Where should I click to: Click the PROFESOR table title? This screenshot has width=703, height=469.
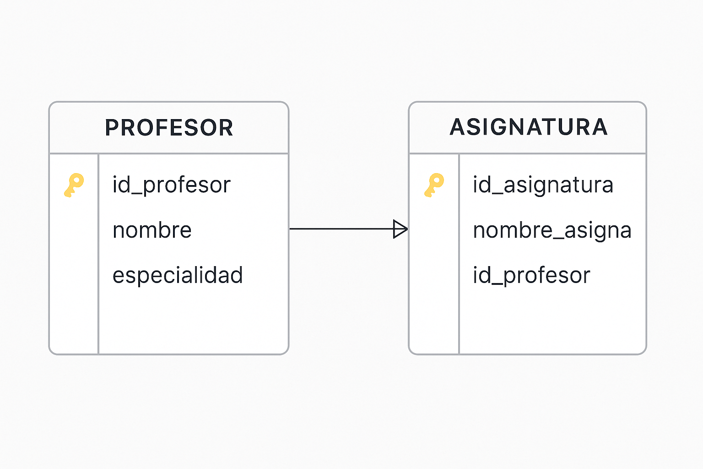pos(169,127)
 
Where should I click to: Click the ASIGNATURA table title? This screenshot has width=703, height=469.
pos(529,127)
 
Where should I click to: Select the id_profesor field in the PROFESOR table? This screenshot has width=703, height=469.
pos(172,185)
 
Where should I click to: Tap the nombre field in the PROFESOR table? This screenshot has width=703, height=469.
pos(152,229)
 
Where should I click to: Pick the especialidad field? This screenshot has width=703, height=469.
pos(178,275)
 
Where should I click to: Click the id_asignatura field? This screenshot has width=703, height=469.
pos(543,185)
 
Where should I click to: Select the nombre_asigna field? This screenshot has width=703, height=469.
pos(552,230)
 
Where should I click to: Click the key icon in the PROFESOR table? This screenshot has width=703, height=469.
pos(74,185)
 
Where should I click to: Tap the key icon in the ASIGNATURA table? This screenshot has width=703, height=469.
pos(434,185)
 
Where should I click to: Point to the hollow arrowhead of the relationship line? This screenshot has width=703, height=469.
pos(400,229)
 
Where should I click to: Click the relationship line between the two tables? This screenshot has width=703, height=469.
pos(349,229)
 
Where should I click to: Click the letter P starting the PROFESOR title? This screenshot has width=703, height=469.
pos(111,127)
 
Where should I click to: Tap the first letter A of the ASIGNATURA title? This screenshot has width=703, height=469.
pos(457,127)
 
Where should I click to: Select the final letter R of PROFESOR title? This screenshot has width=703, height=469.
pos(227,127)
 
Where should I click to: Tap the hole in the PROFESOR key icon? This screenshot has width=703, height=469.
pos(76,180)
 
